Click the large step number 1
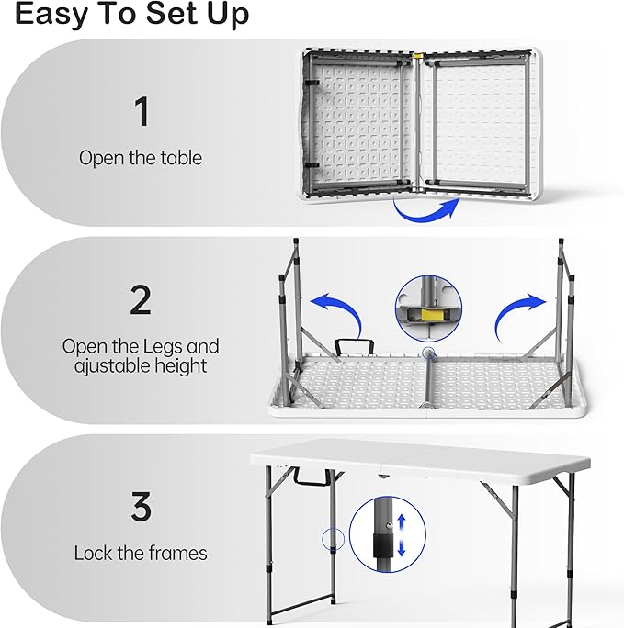pyautogui.click(x=142, y=111)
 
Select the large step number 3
pyautogui.click(x=142, y=506)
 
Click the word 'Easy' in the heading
pyautogui.click(x=51, y=14)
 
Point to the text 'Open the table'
pyautogui.click(x=141, y=157)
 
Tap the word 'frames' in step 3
pyautogui.click(x=178, y=553)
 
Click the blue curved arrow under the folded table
pyautogui.click(x=425, y=212)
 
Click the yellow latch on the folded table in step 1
pyautogui.click(x=418, y=57)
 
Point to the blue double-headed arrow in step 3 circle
pyautogui.click(x=402, y=535)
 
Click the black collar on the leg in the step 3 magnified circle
pyautogui.click(x=382, y=544)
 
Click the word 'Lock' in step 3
pyautogui.click(x=93, y=553)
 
